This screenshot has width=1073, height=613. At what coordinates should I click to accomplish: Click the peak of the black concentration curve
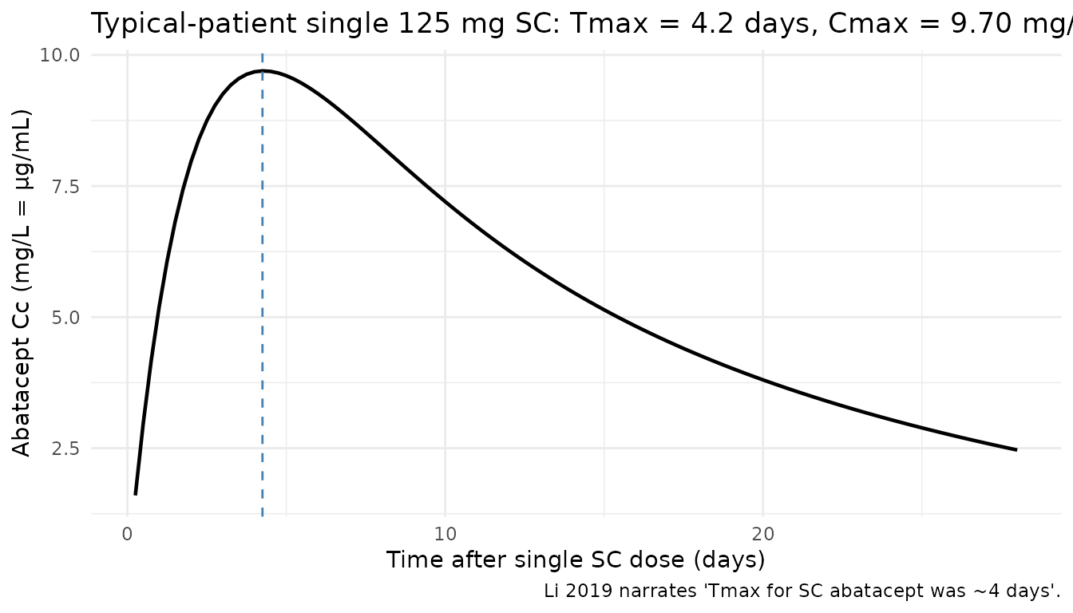click(x=263, y=71)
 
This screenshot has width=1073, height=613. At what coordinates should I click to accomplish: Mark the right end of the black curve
click(x=1016, y=450)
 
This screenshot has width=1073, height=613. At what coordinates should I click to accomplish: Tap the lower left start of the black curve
click(x=136, y=493)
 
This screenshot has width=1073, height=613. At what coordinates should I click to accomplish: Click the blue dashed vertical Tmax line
click(x=263, y=319)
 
